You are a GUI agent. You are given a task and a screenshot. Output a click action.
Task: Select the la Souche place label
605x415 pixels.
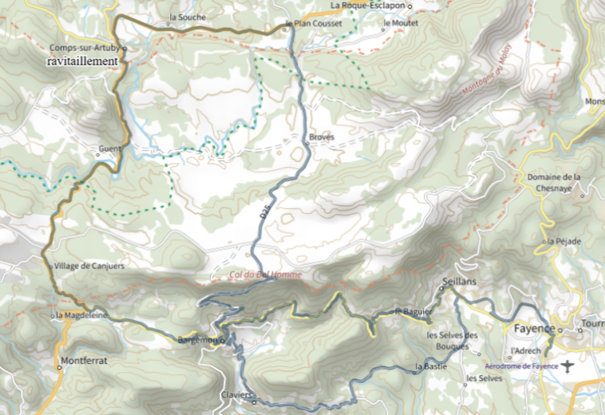point(188,17)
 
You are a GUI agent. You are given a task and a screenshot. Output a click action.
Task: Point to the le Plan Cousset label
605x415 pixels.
point(314,24)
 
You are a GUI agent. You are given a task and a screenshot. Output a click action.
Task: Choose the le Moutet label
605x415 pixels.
point(400,24)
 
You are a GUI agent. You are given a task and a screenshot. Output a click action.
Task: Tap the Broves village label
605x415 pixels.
point(320,138)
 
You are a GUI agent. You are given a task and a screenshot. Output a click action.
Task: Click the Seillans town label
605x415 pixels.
point(458,282)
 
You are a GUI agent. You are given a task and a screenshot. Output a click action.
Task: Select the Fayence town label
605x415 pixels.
point(533,328)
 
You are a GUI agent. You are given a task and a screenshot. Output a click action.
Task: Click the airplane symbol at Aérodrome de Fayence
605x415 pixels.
point(567,366)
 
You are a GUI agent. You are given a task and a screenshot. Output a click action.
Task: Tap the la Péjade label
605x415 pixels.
point(563,241)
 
